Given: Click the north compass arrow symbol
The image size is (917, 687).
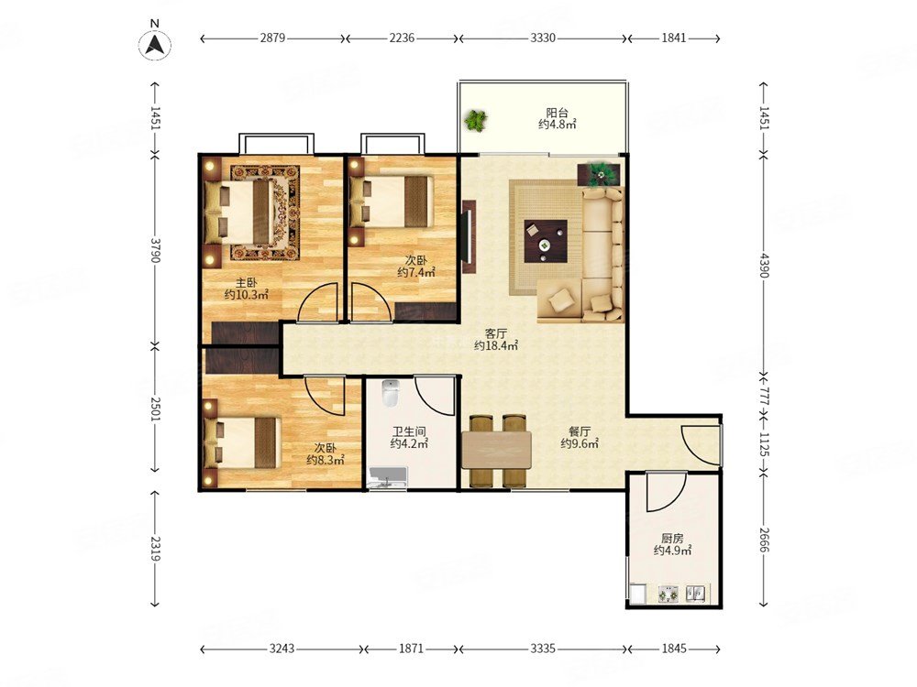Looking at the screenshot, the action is pyautogui.click(x=154, y=44).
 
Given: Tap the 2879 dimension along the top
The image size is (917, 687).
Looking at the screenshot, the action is pyautogui.click(x=272, y=38).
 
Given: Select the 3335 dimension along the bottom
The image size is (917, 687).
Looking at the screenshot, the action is pyautogui.click(x=543, y=649).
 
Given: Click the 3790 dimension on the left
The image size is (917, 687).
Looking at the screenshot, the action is pyautogui.click(x=154, y=249).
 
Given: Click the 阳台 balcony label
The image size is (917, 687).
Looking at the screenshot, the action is pyautogui.click(x=557, y=112).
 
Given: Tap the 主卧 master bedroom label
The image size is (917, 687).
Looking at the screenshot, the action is pyautogui.click(x=246, y=283).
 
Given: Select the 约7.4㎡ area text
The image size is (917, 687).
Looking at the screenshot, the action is pyautogui.click(x=417, y=272).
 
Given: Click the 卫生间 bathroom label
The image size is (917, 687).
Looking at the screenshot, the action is pyautogui.click(x=409, y=431).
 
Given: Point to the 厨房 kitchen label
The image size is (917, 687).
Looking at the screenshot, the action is pyautogui.click(x=672, y=538).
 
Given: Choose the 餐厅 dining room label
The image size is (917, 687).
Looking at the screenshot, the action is pyautogui.click(x=580, y=431).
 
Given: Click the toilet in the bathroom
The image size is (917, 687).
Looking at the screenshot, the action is pyautogui.click(x=390, y=393).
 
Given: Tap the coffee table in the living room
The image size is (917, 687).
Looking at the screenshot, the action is pyautogui.click(x=546, y=241).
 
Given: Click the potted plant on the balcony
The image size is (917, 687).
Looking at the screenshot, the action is pyautogui.click(x=476, y=120).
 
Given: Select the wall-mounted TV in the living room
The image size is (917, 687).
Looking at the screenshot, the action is pyautogui.click(x=469, y=236).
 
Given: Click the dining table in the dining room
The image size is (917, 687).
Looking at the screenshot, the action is pyautogui.click(x=496, y=451).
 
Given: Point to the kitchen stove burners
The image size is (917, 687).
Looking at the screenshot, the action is pyautogui.click(x=670, y=594).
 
